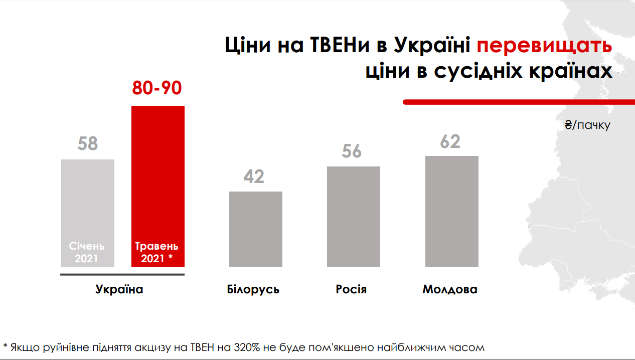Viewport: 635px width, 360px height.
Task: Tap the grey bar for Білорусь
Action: [x=256, y=229]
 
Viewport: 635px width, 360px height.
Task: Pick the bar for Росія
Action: [x=354, y=216]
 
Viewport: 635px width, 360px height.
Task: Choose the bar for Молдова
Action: [x=452, y=211]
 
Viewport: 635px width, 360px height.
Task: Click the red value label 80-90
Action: [x=157, y=88]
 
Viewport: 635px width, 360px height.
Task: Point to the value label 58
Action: [x=88, y=144]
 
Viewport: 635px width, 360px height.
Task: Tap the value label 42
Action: [x=254, y=176]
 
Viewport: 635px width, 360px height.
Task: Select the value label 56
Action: [x=352, y=151]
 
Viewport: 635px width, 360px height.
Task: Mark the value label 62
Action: [x=450, y=141]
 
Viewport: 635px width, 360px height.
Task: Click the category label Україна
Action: [x=119, y=290]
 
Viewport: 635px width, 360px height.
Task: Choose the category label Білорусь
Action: [x=253, y=290]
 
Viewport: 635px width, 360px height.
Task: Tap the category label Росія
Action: [x=351, y=290]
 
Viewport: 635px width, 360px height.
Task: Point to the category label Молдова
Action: [x=450, y=290]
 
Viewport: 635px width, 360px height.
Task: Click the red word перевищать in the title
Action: [x=544, y=46]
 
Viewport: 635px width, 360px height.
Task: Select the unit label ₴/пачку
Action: [x=587, y=125]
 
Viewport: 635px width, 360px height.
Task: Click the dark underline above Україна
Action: [x=122, y=274]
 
